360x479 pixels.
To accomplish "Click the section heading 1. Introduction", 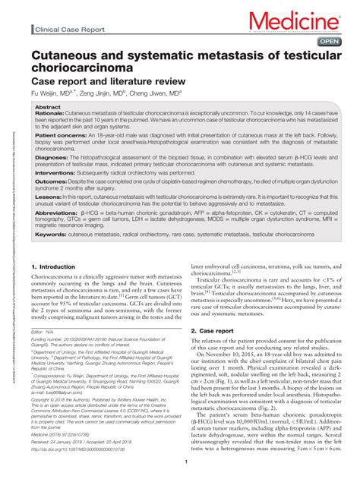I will pos(58,268).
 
